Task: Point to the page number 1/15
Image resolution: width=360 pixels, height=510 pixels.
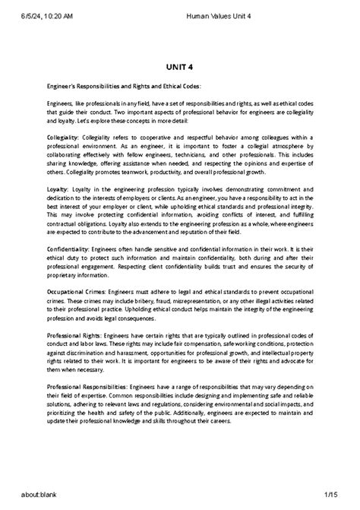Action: coord(340,501)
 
